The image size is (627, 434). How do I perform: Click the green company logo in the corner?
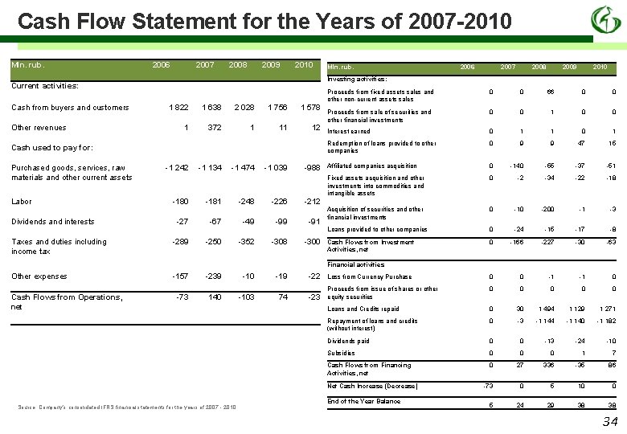coord(605,19)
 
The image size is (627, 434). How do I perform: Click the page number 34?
coord(609,421)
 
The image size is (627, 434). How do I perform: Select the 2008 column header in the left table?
coord(238,65)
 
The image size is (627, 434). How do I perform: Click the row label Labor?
coord(22,202)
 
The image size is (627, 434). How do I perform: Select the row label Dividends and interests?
coord(52,222)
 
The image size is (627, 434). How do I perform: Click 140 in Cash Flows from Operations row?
coord(214,297)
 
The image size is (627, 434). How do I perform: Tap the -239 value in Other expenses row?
coord(211,276)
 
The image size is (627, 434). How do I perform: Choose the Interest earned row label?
coord(349,132)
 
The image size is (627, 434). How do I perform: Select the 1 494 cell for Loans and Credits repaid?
coord(546,309)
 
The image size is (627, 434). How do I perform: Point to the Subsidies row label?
coord(341,353)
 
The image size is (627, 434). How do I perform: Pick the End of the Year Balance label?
coord(364,401)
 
